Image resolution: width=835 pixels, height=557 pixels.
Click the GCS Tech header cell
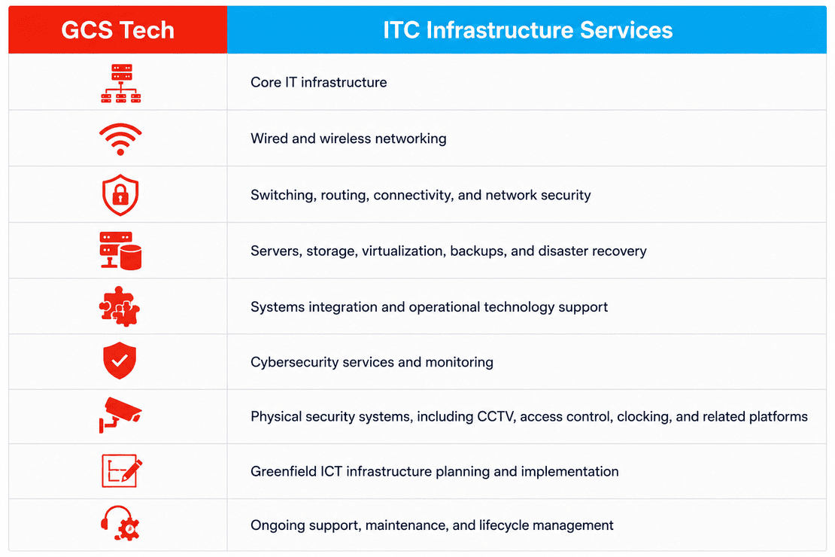pyautogui.click(x=117, y=30)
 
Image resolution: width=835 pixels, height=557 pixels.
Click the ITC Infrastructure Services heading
pyautogui.click(x=528, y=30)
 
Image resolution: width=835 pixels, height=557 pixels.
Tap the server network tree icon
pyautogui.click(x=121, y=83)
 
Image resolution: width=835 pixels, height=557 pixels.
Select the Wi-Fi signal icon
pyautogui.click(x=120, y=139)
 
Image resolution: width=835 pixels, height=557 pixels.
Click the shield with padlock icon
pyautogui.click(x=120, y=195)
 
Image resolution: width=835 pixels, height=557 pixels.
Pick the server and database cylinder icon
pyautogui.click(x=120, y=251)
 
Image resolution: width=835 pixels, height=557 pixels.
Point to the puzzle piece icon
pyautogui.click(x=120, y=306)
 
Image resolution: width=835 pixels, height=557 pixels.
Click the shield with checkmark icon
pyautogui.click(x=120, y=361)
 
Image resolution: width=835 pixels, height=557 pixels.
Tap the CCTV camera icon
pyautogui.click(x=120, y=415)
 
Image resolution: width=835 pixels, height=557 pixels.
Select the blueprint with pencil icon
pyautogui.click(x=121, y=470)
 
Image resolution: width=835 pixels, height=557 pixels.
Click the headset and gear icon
pyautogui.click(x=120, y=523)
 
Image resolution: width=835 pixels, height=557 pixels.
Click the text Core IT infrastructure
pyautogui.click(x=318, y=83)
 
